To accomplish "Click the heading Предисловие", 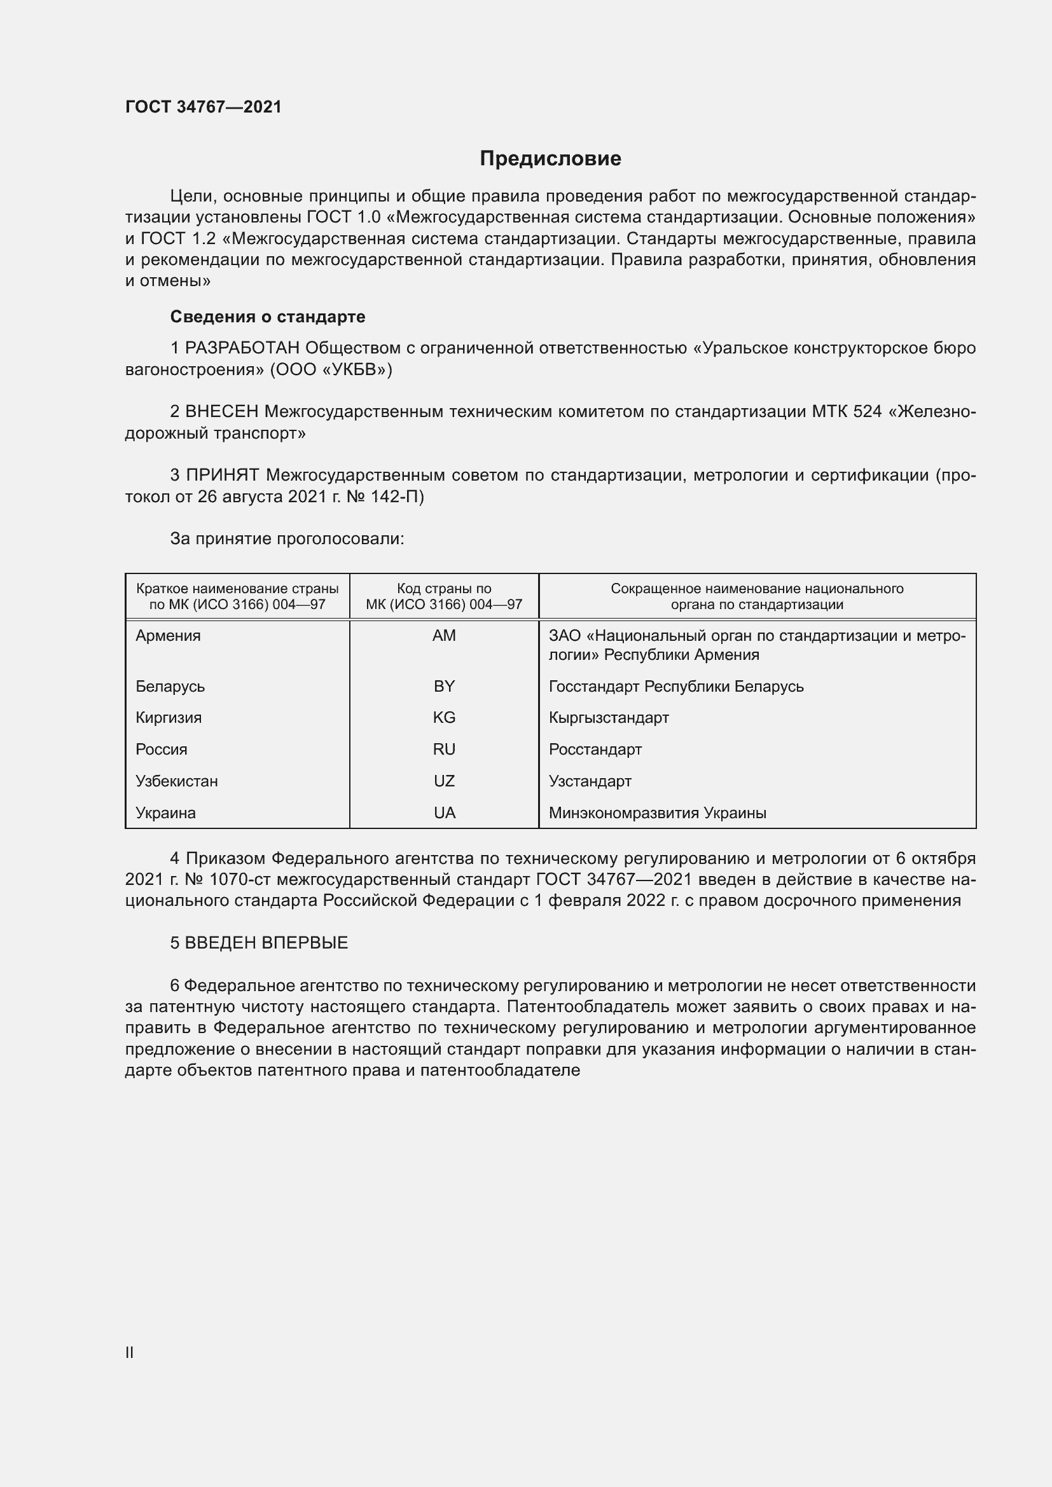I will coord(550,159).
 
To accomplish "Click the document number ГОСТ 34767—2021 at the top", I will coord(204,107).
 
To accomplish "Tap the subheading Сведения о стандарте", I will coord(268,317).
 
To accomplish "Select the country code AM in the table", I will coord(444,635).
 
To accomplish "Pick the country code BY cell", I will coord(444,686).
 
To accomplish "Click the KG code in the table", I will coord(444,718).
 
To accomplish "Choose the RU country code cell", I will coord(444,750).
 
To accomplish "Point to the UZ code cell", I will coord(444,781).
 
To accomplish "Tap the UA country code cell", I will coord(444,813).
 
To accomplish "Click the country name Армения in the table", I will coord(168,635).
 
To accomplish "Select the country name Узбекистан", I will coord(176,781).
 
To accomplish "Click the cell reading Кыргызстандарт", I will coord(608,718).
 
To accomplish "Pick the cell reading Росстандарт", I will coord(595,750).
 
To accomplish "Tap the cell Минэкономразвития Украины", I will coord(657,813).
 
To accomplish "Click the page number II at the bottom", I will coord(130,1352).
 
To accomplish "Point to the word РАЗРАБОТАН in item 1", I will coord(242,348).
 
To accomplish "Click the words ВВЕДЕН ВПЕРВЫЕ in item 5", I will coord(266,943).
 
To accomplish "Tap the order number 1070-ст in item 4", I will coord(239,879).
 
